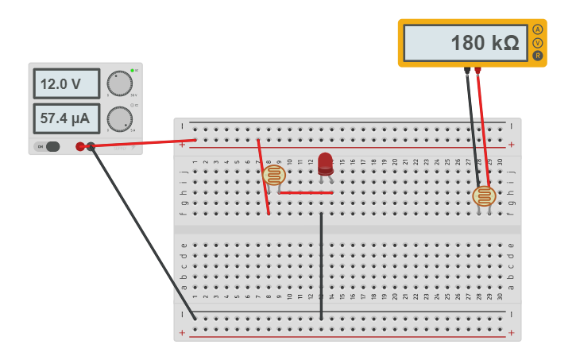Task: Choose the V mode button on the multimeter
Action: click(x=538, y=43)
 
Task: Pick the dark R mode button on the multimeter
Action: click(x=538, y=56)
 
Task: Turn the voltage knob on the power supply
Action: click(x=119, y=83)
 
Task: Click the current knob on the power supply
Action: click(x=119, y=119)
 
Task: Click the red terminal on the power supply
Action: click(x=80, y=146)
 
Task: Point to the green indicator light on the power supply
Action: click(x=132, y=71)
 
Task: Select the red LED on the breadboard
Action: click(x=325, y=164)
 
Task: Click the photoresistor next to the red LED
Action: click(x=274, y=176)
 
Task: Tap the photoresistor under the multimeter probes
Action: click(x=484, y=195)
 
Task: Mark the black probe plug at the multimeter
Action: click(x=467, y=71)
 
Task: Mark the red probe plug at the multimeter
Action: click(x=477, y=71)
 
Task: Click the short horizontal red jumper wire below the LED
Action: click(x=305, y=192)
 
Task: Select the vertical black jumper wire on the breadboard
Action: click(x=321, y=266)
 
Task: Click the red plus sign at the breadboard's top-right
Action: click(x=511, y=145)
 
